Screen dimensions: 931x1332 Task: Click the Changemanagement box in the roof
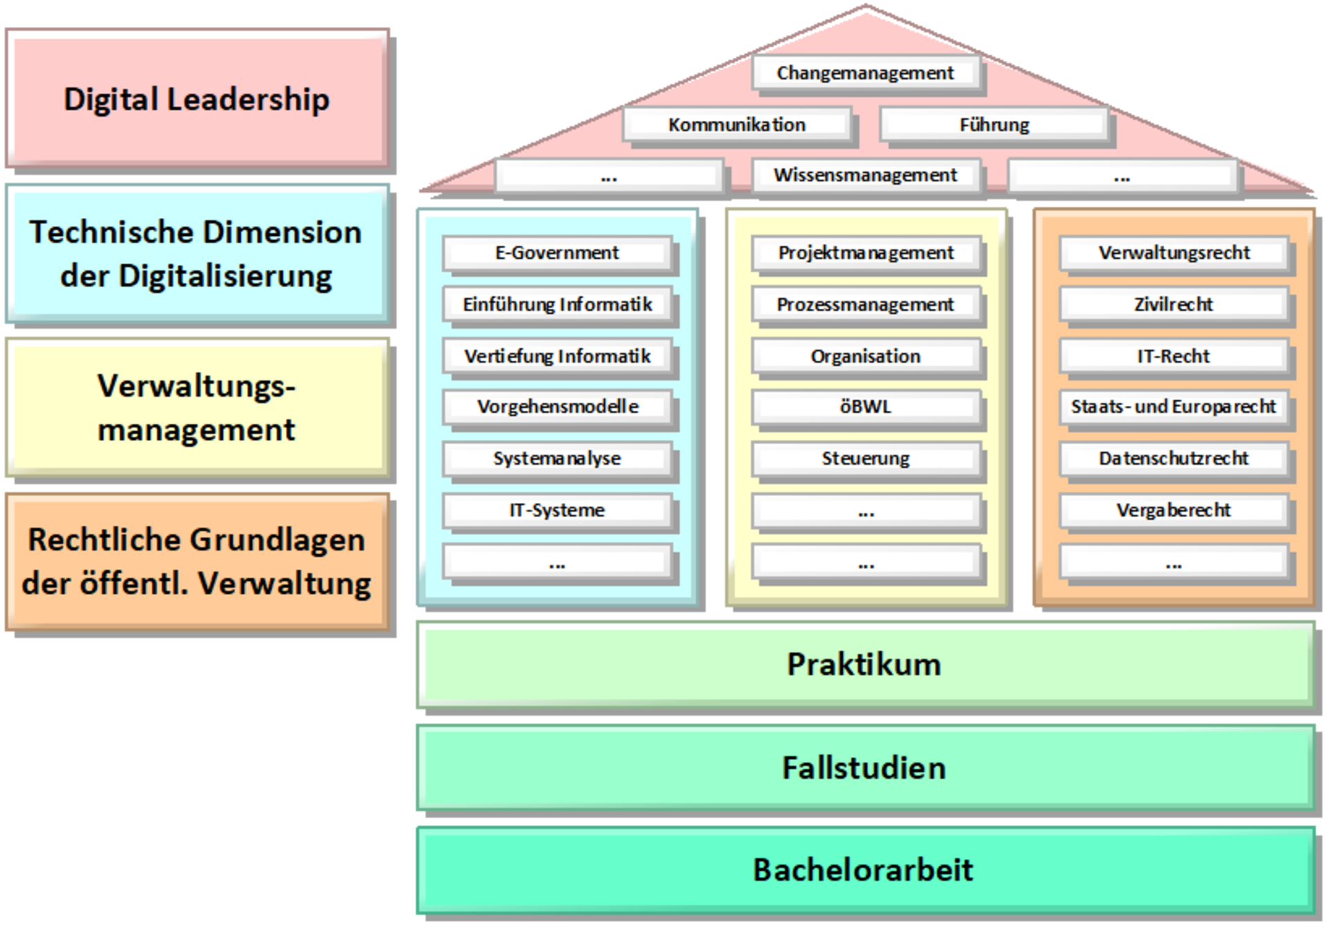click(x=865, y=73)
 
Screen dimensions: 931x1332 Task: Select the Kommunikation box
click(x=737, y=125)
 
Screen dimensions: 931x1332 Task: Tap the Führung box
click(x=994, y=125)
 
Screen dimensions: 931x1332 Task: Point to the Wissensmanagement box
click(x=865, y=175)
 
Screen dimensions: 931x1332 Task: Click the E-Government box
click(x=557, y=253)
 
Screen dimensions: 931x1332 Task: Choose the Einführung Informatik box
click(x=557, y=304)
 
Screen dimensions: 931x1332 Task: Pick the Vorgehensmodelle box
click(x=557, y=407)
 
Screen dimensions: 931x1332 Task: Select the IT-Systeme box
click(x=557, y=510)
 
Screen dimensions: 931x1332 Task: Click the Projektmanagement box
click(x=865, y=253)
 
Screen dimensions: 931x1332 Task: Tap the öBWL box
click(x=865, y=407)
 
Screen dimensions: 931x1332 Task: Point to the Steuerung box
click(x=865, y=459)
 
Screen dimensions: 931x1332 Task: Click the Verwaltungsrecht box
click(x=1174, y=253)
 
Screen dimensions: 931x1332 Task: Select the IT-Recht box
click(x=1174, y=356)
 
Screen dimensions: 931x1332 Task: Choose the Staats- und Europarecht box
click(x=1174, y=407)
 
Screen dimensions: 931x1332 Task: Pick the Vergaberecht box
click(x=1174, y=510)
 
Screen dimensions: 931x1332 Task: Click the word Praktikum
click(x=864, y=664)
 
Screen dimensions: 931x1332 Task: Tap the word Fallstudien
click(x=864, y=768)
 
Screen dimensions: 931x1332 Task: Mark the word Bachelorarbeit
click(x=864, y=870)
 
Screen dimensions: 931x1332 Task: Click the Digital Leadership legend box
click(x=197, y=99)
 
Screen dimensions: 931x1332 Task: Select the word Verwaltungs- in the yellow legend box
click(x=196, y=386)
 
